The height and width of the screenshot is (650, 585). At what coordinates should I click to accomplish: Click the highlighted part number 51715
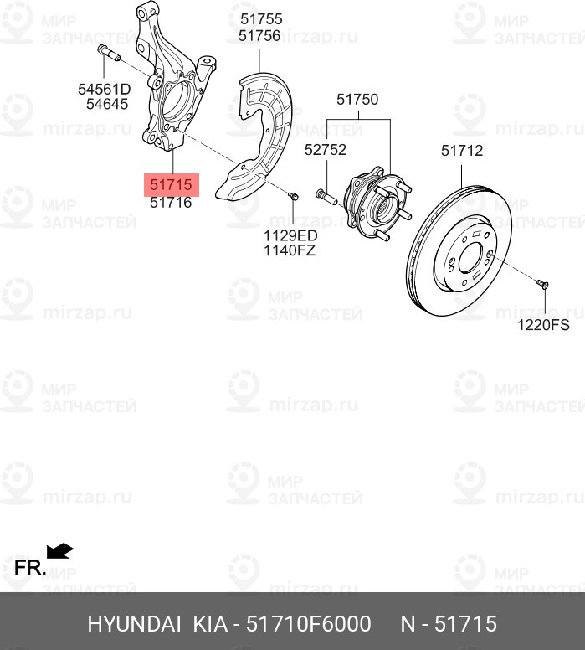pyautogui.click(x=171, y=184)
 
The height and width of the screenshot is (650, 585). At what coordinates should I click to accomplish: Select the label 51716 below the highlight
pyautogui.click(x=171, y=203)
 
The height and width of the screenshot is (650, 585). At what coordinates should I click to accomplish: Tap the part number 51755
pyautogui.click(x=260, y=18)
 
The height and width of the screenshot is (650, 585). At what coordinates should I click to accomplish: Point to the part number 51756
pyautogui.click(x=260, y=35)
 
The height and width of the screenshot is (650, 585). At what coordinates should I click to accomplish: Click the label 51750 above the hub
pyautogui.click(x=357, y=100)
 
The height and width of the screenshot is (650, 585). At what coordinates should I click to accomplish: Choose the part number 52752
pyautogui.click(x=325, y=151)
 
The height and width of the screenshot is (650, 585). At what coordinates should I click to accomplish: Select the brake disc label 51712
pyautogui.click(x=462, y=152)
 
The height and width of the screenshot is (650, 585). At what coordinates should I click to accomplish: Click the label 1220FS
pyautogui.click(x=542, y=324)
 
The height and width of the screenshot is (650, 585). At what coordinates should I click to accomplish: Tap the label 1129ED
pyautogui.click(x=290, y=235)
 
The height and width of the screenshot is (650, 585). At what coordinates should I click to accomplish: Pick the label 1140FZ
pyautogui.click(x=290, y=250)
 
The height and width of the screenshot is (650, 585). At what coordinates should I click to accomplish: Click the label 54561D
pyautogui.click(x=105, y=89)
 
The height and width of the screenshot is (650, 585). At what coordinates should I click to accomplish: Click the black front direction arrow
pyautogui.click(x=60, y=550)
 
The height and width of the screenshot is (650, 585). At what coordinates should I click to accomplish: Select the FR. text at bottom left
pyautogui.click(x=30, y=568)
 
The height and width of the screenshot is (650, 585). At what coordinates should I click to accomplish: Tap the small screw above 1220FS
pyautogui.click(x=541, y=285)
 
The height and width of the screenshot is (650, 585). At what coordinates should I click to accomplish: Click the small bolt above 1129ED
pyautogui.click(x=292, y=196)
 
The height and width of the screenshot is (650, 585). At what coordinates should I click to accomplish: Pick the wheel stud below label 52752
pyautogui.click(x=326, y=197)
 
